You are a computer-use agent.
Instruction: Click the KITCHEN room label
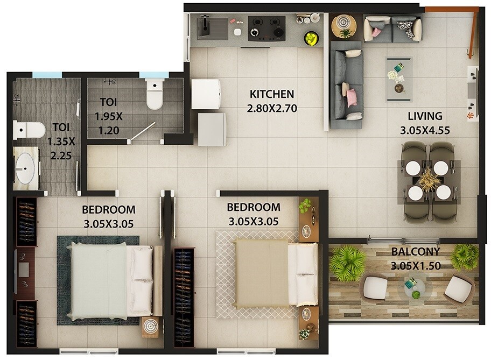click(271, 95)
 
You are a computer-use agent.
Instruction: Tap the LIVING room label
click(425, 116)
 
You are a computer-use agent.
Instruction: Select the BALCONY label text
click(415, 251)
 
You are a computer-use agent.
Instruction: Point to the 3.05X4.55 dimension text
click(425, 130)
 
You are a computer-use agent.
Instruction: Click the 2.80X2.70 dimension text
click(272, 108)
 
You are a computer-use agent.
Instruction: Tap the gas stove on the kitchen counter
click(266, 28)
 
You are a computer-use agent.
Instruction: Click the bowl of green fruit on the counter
click(311, 38)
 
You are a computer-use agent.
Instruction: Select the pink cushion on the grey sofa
click(351, 97)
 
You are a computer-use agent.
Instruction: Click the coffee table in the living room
click(398, 79)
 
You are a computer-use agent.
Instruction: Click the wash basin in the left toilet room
click(25, 171)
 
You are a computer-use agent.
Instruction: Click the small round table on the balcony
click(414, 288)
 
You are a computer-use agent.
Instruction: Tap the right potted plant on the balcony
click(464, 257)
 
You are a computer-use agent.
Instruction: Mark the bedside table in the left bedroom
click(150, 328)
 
